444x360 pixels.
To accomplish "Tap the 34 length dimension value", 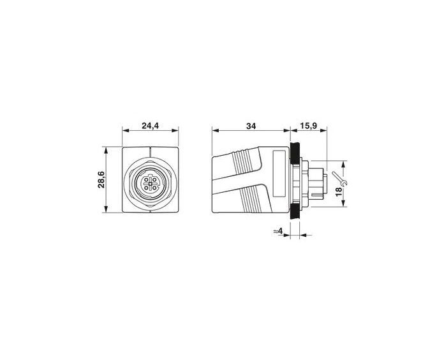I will [x=251, y=126].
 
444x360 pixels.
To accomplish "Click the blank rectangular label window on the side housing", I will [x=277, y=175].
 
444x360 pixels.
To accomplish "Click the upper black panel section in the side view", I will [x=295, y=153].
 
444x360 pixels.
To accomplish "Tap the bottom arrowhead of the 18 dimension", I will [x=345, y=204].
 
